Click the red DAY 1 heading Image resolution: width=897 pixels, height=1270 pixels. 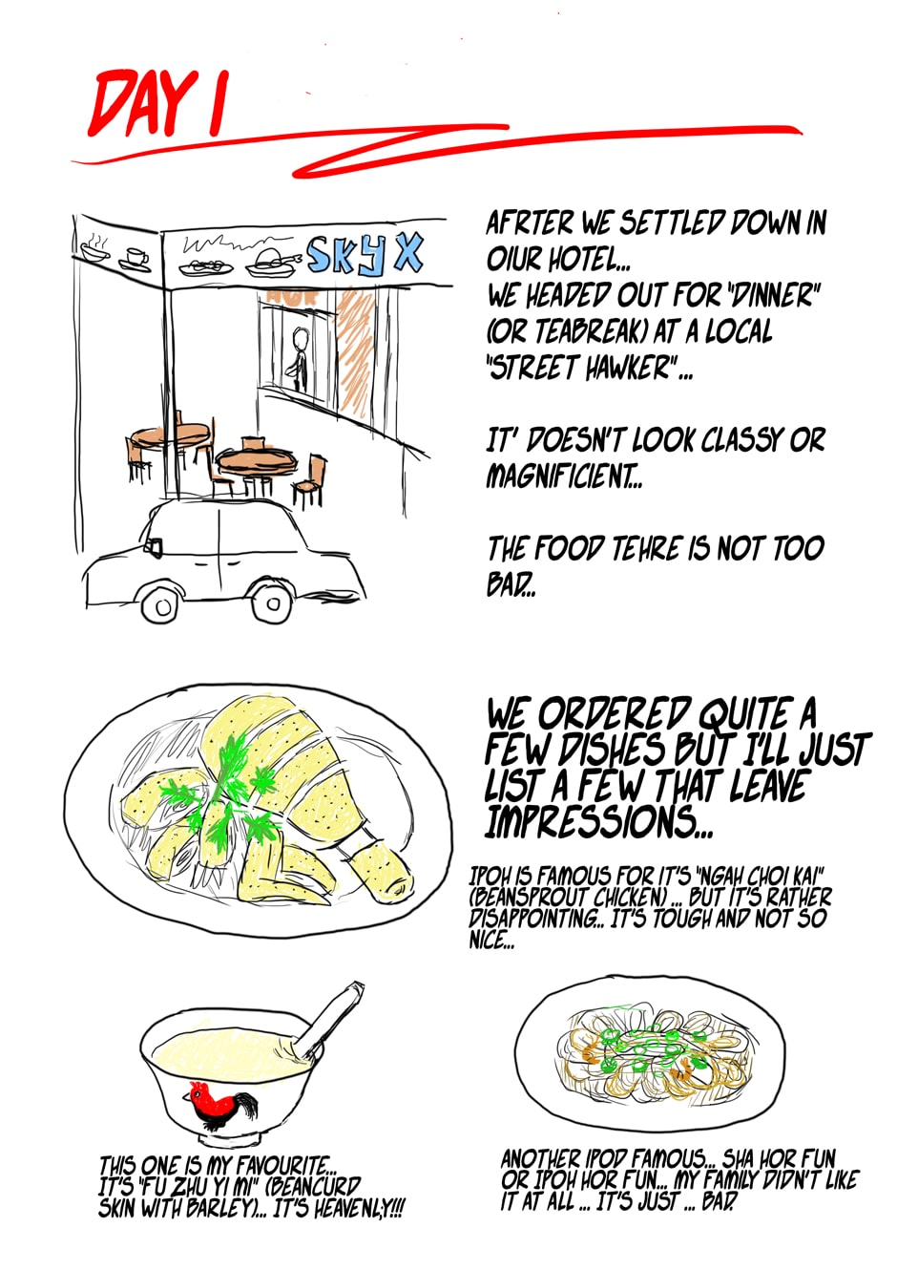158,103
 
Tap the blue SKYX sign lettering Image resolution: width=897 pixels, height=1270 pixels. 365,254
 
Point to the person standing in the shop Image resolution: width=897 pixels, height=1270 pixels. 299,361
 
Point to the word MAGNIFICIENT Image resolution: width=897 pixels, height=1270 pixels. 563,476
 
